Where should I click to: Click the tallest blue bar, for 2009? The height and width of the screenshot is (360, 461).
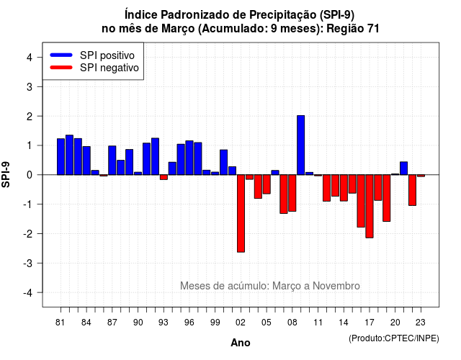(x=301, y=145)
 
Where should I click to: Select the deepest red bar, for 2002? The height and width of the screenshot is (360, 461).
(x=241, y=213)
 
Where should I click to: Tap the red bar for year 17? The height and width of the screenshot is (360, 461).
(x=370, y=207)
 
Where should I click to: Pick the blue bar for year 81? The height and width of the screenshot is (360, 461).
(x=61, y=157)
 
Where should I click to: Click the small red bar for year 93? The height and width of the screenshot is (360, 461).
(x=164, y=177)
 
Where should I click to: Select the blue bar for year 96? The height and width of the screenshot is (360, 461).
(x=189, y=158)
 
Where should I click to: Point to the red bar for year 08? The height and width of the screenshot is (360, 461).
(x=292, y=193)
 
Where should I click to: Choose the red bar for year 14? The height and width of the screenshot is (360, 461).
(x=344, y=188)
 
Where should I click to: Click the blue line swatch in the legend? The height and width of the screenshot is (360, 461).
(x=61, y=55)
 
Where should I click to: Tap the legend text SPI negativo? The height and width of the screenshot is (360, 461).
(x=109, y=68)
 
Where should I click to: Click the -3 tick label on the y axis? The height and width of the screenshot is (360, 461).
(x=27, y=263)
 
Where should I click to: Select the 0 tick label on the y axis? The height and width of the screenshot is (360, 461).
(x=30, y=175)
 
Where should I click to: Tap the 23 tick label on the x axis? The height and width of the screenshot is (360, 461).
(x=421, y=323)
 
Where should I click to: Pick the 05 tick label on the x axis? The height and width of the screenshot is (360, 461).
(x=266, y=323)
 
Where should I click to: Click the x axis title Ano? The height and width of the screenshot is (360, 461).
(x=241, y=343)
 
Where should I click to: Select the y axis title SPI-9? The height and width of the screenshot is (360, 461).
(x=6, y=174)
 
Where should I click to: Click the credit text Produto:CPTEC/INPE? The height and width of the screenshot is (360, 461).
(x=394, y=338)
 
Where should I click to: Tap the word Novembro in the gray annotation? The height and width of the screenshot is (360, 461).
(x=336, y=286)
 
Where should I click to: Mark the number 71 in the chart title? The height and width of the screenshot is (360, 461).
(x=373, y=29)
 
